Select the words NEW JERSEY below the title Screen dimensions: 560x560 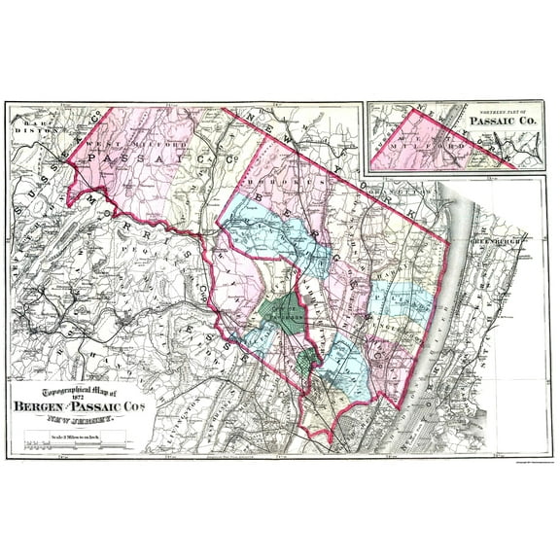[x=75, y=417]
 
